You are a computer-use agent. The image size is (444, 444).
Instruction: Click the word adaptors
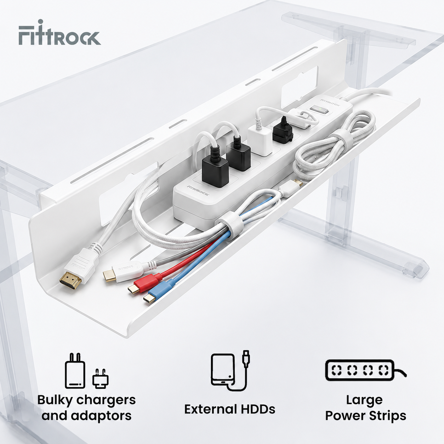click(101, 416)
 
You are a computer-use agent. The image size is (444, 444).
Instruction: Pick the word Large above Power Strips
click(364, 400)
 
